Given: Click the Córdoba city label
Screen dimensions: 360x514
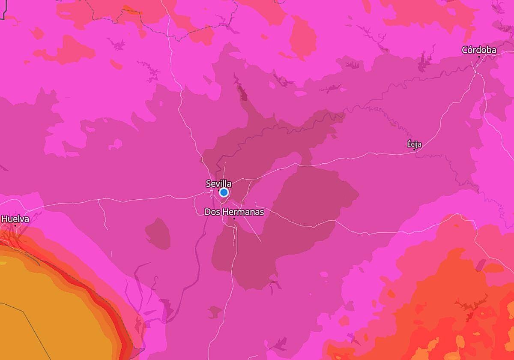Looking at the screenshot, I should click(x=479, y=50).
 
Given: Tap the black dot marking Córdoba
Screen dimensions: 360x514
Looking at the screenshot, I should click(x=479, y=57).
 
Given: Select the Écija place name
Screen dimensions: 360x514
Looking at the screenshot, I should click(x=414, y=144).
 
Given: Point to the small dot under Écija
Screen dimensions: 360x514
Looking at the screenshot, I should click(x=414, y=150).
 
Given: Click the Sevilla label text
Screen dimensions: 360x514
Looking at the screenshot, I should click(x=218, y=183).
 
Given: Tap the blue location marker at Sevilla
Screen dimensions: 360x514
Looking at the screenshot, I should click(x=224, y=192).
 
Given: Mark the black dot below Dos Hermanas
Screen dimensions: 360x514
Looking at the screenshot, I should click(x=234, y=219).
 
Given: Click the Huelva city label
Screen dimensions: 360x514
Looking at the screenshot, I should click(x=15, y=219).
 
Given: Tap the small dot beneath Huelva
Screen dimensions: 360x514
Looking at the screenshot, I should click(x=15, y=225).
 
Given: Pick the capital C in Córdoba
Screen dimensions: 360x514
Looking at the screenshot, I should click(x=465, y=50).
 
